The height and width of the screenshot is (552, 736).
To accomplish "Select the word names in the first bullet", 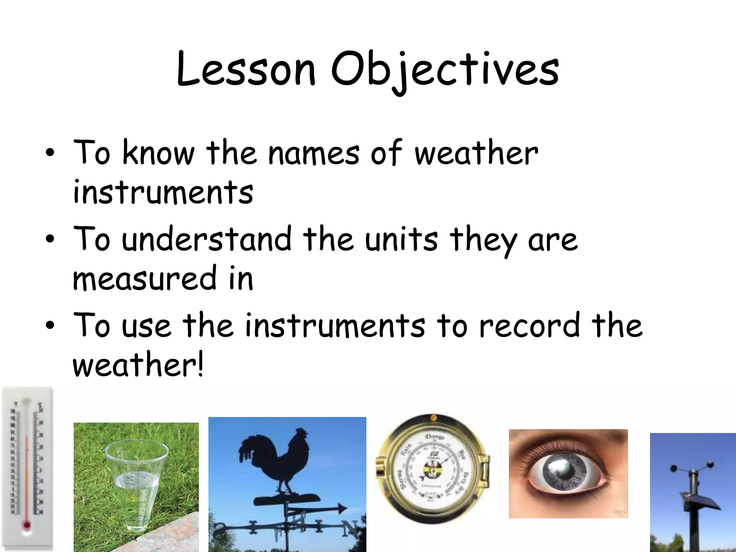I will pos(313,153).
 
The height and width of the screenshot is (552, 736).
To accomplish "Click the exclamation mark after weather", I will pos(199,364).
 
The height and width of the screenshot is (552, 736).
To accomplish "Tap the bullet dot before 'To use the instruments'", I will pos(50,326).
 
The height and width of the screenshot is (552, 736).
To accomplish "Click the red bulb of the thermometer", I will pos(27,525).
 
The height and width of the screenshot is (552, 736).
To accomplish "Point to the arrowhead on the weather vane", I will pos(341,508).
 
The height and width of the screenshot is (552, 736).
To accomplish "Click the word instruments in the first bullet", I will pos(163,192).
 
